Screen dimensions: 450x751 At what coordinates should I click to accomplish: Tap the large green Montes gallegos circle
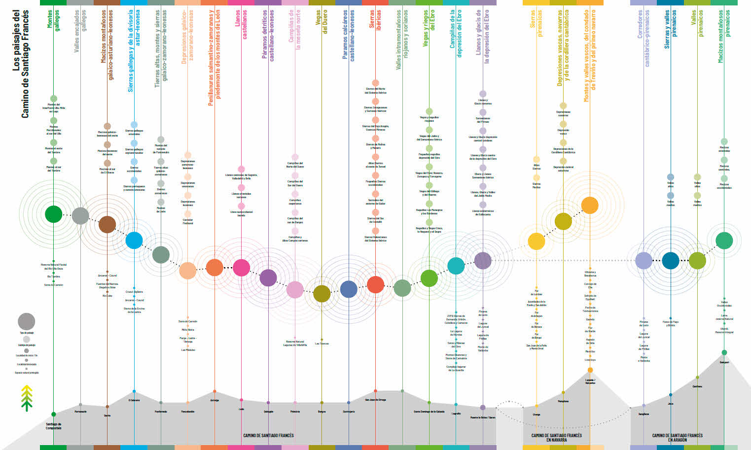tap(53, 214)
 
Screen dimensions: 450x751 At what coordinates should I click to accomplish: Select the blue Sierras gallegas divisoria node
tap(134, 240)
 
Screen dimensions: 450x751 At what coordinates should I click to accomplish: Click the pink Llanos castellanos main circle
tap(241, 267)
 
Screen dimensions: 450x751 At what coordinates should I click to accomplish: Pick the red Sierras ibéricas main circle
tap(375, 285)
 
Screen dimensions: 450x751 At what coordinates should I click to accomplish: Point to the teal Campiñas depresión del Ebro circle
tap(456, 266)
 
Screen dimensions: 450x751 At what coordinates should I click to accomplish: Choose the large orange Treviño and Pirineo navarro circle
tap(590, 205)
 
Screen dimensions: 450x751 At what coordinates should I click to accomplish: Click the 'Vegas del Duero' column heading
tap(322, 22)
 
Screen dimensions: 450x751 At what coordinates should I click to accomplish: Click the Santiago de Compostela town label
tap(53, 426)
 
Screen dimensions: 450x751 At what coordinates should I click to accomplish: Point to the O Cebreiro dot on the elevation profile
tap(134, 393)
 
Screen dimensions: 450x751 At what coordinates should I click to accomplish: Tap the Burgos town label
tap(322, 412)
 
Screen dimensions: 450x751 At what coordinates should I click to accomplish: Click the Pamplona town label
tap(563, 401)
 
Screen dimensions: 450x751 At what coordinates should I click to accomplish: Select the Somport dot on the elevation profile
tap(724, 352)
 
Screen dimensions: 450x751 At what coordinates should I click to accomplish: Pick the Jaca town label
tap(670, 404)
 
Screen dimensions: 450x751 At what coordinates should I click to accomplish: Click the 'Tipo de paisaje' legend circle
tap(27, 321)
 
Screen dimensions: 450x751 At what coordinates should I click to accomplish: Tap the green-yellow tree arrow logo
tap(27, 398)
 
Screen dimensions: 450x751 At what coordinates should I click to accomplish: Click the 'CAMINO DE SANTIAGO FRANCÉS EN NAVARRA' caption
tap(556, 437)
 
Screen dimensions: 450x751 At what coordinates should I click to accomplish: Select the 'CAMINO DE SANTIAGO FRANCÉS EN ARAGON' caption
tap(677, 437)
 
